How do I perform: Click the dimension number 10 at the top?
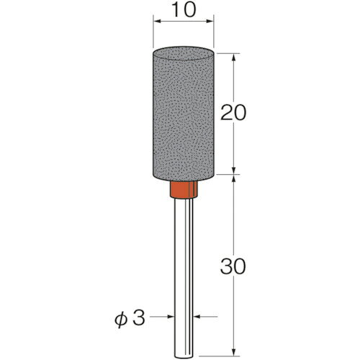tap(184, 10)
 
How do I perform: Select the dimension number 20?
tap(233, 112)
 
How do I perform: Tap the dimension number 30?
tap(233, 266)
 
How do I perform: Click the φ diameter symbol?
tap(120, 320)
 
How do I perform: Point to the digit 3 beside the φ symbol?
tap(139, 318)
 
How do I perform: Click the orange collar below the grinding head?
tap(184, 189)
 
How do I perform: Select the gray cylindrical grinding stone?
tap(184, 114)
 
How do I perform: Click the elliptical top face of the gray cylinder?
tap(184, 53)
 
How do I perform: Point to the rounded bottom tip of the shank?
tap(184, 356)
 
